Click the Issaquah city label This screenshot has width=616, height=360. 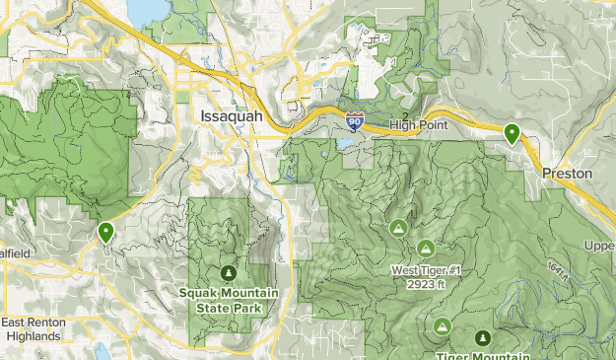232,116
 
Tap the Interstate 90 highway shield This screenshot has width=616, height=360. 355,121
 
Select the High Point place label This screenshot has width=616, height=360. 418,125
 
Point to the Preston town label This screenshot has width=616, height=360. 568,174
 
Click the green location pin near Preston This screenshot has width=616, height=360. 512,133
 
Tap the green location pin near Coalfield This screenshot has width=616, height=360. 105,232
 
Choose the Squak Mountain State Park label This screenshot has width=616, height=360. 229,301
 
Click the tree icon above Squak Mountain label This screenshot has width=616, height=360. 229,273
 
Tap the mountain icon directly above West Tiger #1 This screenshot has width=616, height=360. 426,249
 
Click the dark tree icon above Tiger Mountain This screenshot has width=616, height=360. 482,338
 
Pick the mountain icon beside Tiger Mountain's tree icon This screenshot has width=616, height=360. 442,325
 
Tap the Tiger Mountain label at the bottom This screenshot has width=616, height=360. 482,355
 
